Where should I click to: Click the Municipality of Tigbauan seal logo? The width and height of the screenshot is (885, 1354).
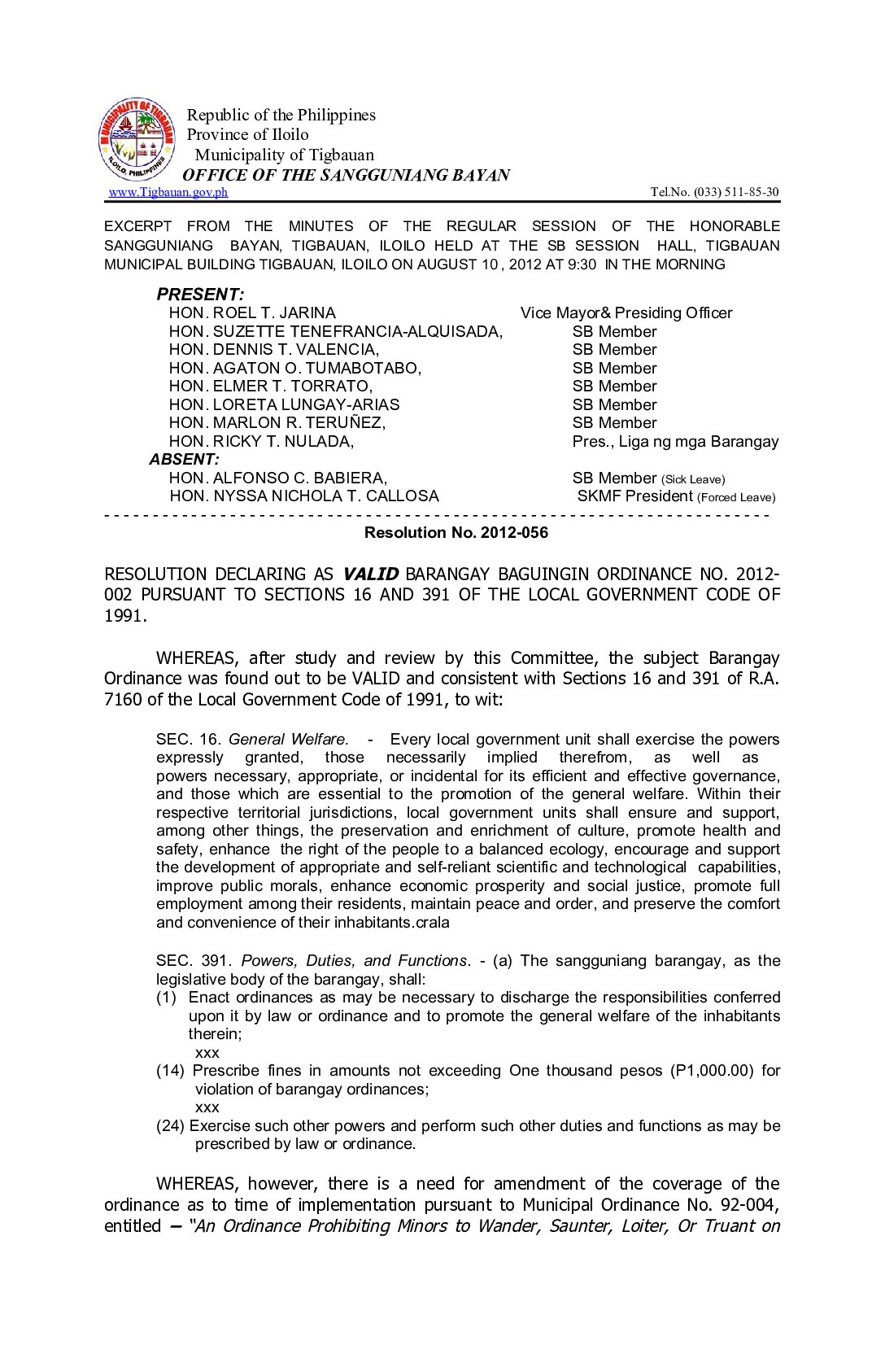136,139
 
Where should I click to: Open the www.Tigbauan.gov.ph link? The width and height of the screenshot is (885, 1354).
168,192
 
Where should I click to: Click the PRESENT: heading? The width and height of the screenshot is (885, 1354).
200,295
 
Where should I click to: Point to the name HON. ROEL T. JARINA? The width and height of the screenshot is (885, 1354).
252,313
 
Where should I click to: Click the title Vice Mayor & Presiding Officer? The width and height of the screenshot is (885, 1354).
626,313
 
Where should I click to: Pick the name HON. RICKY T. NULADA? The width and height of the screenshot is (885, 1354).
261,442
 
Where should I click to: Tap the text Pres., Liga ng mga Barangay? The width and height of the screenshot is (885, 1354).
675,442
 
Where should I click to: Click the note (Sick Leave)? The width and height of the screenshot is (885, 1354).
693,479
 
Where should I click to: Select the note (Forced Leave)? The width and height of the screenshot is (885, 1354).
736,497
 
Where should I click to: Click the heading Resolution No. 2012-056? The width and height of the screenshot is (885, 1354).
456,533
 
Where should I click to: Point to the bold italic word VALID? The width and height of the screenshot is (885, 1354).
370,574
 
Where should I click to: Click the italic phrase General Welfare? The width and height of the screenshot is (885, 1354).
289,740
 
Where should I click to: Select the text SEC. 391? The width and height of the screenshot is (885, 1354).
194,961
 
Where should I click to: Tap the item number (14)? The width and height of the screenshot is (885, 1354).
171,1071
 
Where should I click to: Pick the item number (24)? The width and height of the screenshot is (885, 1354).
171,1126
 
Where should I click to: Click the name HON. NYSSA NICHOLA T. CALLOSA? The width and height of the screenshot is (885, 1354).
304,496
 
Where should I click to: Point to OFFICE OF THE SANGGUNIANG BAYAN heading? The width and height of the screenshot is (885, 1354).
347,175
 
